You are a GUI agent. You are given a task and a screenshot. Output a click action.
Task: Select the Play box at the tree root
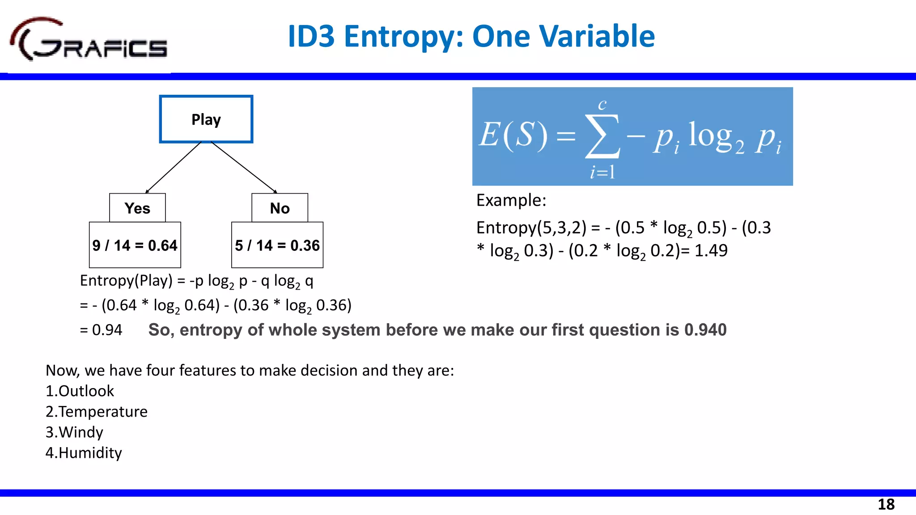click(x=206, y=119)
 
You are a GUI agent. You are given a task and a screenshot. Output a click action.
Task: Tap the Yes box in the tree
click(x=137, y=208)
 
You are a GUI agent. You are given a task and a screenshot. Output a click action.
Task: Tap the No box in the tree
click(x=280, y=208)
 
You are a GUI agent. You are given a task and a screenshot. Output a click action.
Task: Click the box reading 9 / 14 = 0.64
click(x=135, y=245)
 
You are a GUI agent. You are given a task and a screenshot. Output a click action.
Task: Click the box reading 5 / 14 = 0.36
click(x=277, y=245)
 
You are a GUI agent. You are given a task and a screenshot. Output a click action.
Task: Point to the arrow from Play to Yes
click(x=174, y=168)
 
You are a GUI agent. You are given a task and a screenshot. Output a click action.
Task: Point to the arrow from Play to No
click(x=244, y=168)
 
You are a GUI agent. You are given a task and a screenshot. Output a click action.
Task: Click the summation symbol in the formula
click(x=602, y=136)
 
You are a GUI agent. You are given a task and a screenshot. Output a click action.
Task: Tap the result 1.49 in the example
click(x=711, y=250)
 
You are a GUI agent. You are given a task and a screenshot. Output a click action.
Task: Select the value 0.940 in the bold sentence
click(x=705, y=330)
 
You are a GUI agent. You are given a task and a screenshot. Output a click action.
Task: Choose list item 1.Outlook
click(x=80, y=391)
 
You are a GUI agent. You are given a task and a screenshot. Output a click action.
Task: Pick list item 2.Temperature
click(x=97, y=412)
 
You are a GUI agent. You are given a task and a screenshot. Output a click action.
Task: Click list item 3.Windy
click(x=74, y=432)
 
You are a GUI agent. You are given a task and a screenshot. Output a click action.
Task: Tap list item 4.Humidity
click(x=84, y=453)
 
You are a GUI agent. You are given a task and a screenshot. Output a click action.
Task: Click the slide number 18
click(x=886, y=504)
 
